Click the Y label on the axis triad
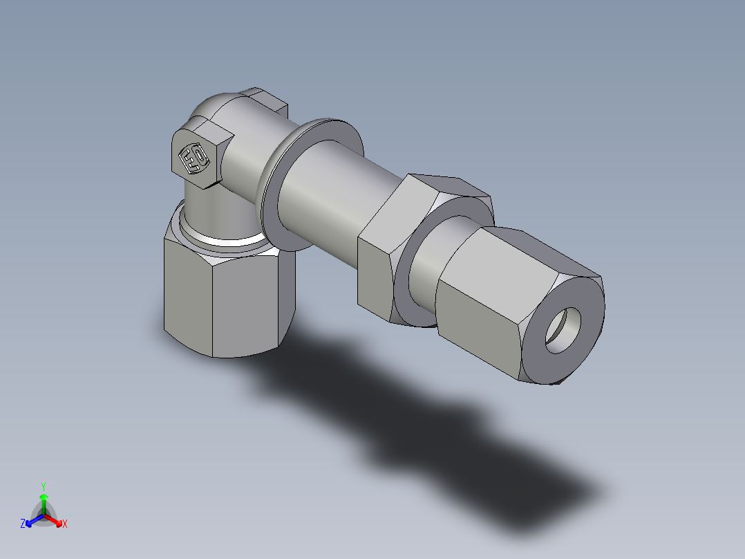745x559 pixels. [43, 486]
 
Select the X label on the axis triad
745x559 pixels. [65, 524]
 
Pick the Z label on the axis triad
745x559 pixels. [23, 524]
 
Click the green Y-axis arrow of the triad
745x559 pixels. [44, 502]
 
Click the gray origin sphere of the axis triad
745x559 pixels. [44, 515]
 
